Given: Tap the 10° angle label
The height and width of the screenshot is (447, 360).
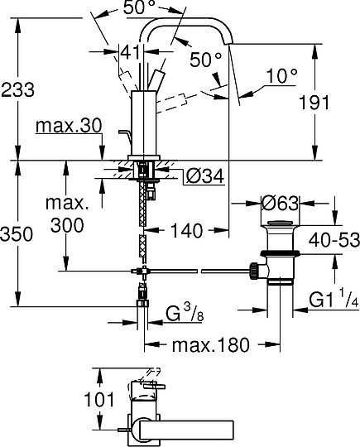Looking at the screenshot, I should click(281, 77).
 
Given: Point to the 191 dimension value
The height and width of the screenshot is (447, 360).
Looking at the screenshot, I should click(336, 103).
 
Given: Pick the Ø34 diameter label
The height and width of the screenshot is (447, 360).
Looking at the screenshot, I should click(200, 175).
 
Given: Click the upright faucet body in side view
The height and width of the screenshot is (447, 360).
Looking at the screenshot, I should click(146, 124).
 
